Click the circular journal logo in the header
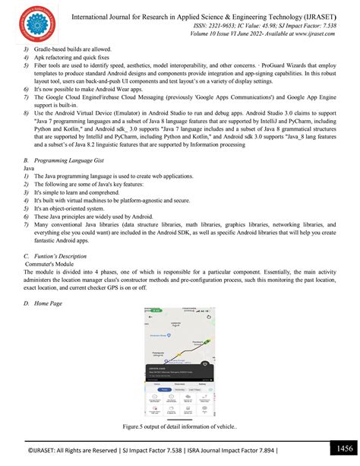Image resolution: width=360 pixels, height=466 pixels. click(32, 23)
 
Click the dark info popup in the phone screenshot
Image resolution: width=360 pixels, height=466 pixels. click(179, 372)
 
